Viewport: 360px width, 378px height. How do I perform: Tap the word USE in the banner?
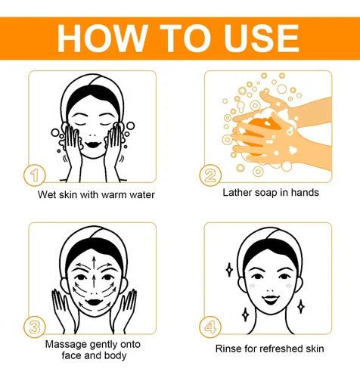262,39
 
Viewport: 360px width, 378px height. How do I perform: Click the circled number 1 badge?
35,175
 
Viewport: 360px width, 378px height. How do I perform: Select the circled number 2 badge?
210,175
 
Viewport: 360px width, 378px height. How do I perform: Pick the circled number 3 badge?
35,327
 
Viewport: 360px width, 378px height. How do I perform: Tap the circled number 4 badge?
210,327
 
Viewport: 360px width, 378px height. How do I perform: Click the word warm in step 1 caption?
114,195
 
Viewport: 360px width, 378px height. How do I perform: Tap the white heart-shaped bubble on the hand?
293,150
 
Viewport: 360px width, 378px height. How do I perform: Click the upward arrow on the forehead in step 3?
94,264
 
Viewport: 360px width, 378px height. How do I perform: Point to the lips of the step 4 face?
269,299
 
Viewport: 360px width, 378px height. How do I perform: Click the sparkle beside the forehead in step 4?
229,270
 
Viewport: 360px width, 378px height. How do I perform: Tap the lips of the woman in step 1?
93,144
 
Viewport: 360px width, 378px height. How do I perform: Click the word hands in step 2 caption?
305,192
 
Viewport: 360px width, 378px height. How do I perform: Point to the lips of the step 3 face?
93,302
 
